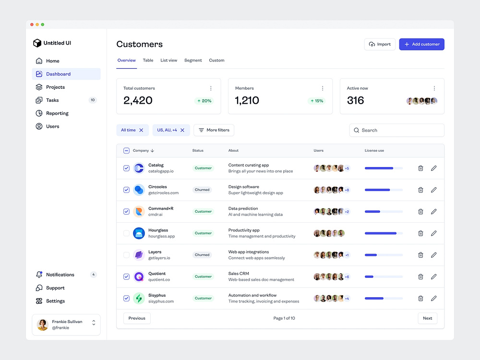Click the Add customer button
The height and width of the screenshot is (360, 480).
pos(421,44)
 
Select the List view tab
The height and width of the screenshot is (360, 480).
pos(168,60)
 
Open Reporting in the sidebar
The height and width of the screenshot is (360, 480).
pos(57,113)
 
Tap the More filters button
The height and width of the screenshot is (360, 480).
pos(214,130)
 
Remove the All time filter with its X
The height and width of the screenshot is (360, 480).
pos(141,130)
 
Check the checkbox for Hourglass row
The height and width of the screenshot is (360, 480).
pos(126,233)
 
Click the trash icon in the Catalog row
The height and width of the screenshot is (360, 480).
pos(420,168)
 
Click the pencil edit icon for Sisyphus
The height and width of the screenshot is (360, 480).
pos(433,298)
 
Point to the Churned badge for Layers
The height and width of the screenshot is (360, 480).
pos(202,255)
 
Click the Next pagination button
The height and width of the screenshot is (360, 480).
pos(427,318)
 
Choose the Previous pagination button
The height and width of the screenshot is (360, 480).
pos(137,318)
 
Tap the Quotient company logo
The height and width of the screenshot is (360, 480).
pos(139,276)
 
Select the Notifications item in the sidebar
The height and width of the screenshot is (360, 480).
pos(60,275)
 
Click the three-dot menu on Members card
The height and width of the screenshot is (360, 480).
pos(323,88)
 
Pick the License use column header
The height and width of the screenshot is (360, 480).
pos(374,151)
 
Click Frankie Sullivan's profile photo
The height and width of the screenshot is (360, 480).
pos(43,325)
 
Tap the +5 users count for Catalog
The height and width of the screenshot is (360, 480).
pos(347,168)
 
